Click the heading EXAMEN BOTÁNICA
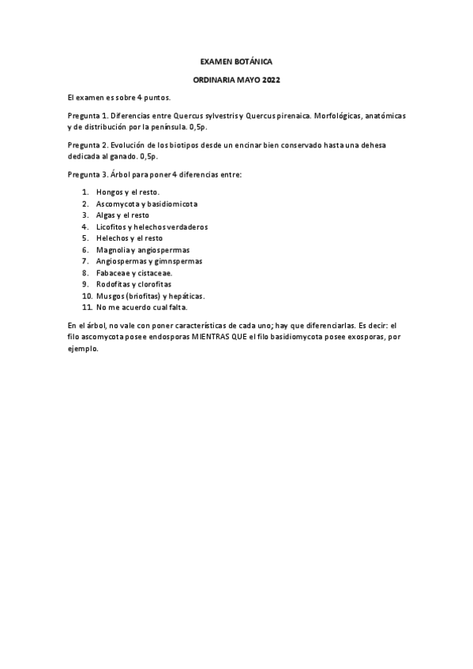[x=236, y=61]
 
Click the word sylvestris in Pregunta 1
[x=219, y=115]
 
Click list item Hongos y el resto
[x=127, y=192]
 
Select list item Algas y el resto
[x=122, y=215]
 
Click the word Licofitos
[x=112, y=226]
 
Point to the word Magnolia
[x=113, y=249]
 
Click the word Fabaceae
[x=114, y=272]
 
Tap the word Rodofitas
[x=114, y=283]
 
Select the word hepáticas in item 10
[x=186, y=295]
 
